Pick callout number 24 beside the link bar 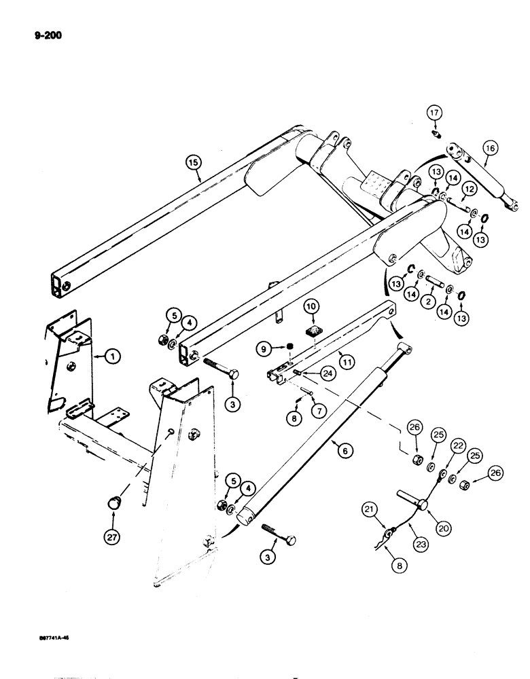(x=327, y=371)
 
